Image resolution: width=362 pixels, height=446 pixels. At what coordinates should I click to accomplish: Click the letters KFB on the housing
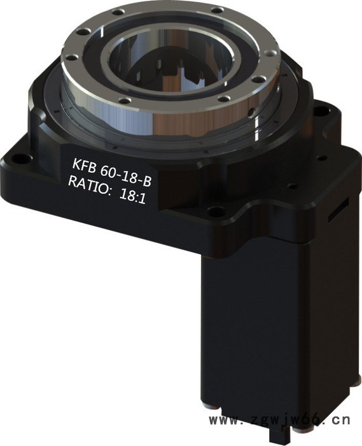(x=83, y=165)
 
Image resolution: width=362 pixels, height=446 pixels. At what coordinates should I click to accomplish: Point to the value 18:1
(x=132, y=196)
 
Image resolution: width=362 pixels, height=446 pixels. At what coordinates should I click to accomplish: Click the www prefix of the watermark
(x=225, y=420)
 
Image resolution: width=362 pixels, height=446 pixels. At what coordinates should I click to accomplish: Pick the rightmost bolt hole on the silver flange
(x=269, y=53)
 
